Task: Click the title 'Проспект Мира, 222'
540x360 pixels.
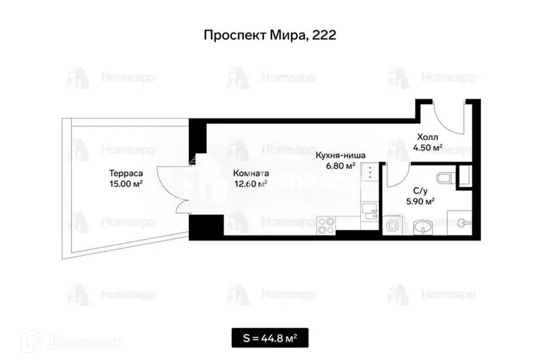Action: pos(269,35)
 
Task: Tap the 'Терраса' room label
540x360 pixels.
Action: pos(126,173)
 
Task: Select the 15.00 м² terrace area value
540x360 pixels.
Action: pos(126,184)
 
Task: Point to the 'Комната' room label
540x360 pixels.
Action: pos(251,173)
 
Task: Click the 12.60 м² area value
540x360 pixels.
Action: pos(251,184)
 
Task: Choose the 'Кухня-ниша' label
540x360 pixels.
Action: pos(341,155)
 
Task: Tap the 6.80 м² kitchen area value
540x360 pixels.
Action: pos(341,166)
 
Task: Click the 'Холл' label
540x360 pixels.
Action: pos(427,137)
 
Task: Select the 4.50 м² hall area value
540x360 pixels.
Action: pos(427,148)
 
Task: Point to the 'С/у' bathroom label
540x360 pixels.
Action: pos(420,191)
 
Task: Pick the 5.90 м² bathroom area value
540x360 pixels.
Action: pos(420,201)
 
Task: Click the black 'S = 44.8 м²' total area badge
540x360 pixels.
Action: pos(270,337)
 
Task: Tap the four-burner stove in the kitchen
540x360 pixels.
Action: pos(326,226)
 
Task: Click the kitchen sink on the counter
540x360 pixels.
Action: pos(370,211)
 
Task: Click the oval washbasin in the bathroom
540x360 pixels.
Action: pos(423,227)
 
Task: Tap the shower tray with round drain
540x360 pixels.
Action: pos(460,223)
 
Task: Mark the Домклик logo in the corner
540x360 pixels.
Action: pos(73,341)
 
